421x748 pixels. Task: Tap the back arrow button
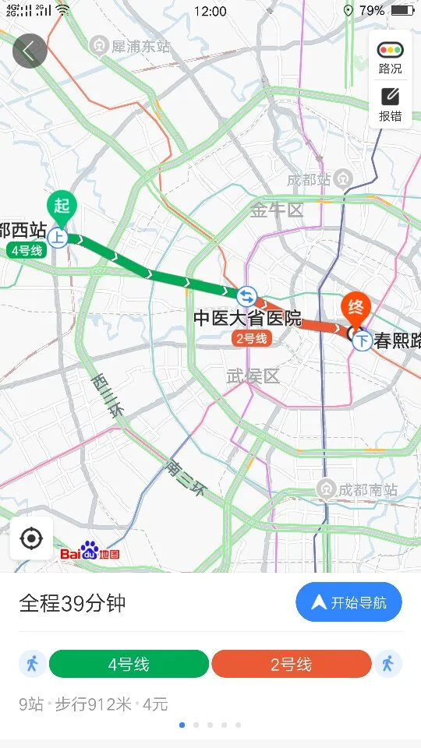pyautogui.click(x=30, y=51)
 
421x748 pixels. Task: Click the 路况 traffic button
pyautogui.click(x=391, y=58)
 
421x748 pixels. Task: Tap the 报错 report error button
pyautogui.click(x=391, y=104)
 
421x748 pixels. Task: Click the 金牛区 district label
pyautogui.click(x=276, y=210)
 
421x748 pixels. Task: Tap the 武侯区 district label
pyautogui.click(x=253, y=376)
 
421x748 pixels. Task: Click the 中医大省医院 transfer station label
pyautogui.click(x=247, y=318)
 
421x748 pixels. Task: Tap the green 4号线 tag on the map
pyautogui.click(x=27, y=250)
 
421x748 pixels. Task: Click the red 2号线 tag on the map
pyautogui.click(x=252, y=338)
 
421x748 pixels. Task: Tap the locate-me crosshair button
pyautogui.click(x=31, y=538)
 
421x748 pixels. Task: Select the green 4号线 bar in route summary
pyautogui.click(x=129, y=664)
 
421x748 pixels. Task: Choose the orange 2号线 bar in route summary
pyautogui.click(x=291, y=664)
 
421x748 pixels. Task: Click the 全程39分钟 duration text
pyautogui.click(x=73, y=604)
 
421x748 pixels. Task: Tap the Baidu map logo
pyautogui.click(x=90, y=552)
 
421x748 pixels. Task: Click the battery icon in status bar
pyautogui.click(x=402, y=11)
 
